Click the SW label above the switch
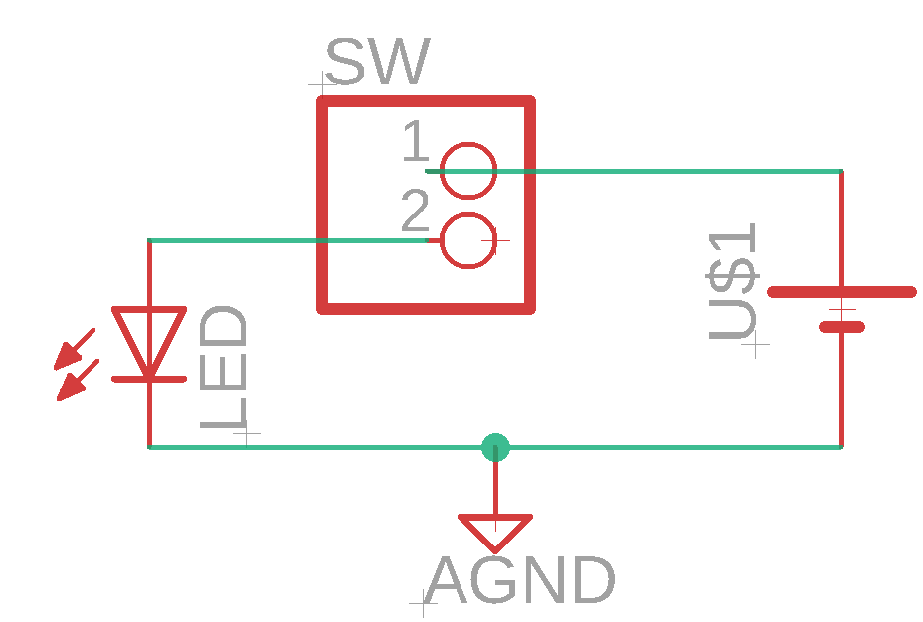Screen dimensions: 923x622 click(377, 62)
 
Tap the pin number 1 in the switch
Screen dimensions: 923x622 click(416, 140)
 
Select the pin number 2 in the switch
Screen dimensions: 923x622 click(415, 210)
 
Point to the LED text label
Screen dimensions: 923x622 click(223, 367)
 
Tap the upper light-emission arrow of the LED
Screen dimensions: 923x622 click(75, 349)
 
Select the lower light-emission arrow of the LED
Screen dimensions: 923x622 click(79, 380)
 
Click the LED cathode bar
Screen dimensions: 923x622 click(149, 380)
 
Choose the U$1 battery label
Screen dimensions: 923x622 click(732, 281)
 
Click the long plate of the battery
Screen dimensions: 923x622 click(841, 292)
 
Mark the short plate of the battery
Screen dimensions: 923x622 click(841, 327)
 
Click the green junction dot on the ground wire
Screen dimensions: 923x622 click(495, 447)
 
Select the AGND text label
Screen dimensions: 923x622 click(520, 580)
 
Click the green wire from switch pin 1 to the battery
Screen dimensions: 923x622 click(634, 171)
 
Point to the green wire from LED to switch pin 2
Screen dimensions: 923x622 click(287, 240)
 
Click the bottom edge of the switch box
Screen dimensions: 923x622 click(426, 309)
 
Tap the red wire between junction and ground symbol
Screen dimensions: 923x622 click(495, 482)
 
